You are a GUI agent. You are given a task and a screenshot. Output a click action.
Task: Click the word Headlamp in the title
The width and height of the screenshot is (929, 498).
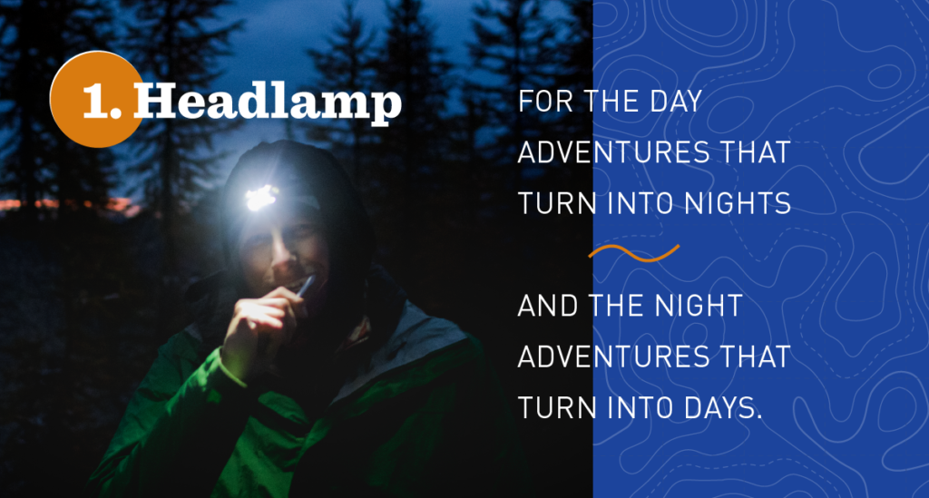268,101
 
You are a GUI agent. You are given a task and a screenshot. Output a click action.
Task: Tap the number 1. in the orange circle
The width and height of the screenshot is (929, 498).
102,101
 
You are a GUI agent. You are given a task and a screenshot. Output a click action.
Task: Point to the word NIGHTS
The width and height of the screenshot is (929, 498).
738,204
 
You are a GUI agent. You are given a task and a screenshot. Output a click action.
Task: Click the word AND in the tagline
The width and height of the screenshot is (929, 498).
548,306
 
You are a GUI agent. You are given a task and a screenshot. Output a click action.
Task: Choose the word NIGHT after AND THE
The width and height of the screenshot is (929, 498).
698,306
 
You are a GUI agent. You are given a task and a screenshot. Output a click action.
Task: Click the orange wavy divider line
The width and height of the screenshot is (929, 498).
634,253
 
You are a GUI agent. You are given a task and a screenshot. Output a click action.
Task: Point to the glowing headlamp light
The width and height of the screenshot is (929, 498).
260,198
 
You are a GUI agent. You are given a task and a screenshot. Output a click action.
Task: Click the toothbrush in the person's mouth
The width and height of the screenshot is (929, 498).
307,286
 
